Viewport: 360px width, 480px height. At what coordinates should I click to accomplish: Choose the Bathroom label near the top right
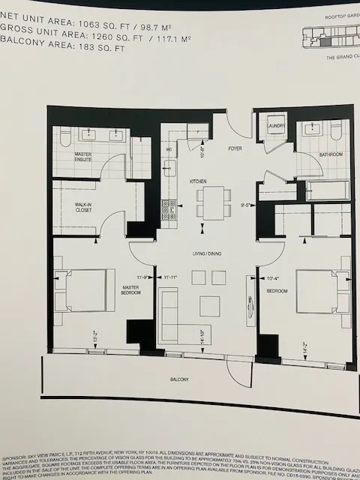[x=331, y=154]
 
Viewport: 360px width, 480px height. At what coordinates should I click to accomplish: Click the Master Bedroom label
[x=131, y=289]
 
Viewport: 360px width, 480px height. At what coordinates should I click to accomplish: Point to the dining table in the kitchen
[x=212, y=201]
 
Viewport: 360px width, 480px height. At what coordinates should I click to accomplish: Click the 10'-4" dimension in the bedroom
[x=273, y=279]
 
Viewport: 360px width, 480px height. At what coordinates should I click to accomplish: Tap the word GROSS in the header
[x=17, y=32]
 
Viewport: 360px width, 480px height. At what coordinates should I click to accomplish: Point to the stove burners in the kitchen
[x=169, y=206]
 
